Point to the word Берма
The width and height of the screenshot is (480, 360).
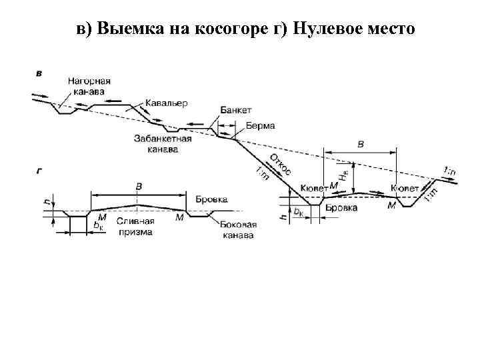coord(260,125)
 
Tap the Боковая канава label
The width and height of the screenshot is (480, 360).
coord(238,231)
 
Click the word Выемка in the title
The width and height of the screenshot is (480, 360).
coord(125,29)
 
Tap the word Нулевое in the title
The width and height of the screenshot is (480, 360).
coord(325,29)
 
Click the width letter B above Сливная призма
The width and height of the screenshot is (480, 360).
coord(139,186)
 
